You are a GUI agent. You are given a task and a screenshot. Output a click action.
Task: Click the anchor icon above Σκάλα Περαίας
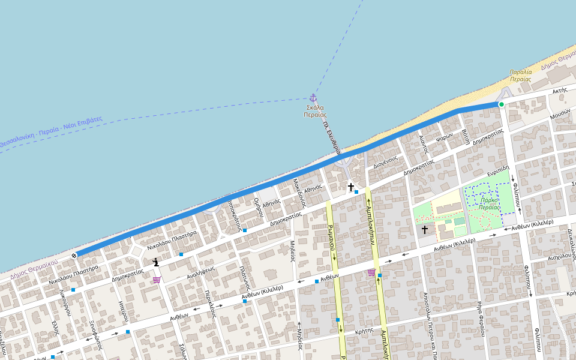tap(313, 98)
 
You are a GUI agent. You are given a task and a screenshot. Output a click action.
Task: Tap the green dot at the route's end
tap(501, 104)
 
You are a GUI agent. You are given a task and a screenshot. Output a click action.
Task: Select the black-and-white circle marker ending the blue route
tap(74, 256)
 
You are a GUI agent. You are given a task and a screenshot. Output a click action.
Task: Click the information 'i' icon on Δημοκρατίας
tap(156, 262)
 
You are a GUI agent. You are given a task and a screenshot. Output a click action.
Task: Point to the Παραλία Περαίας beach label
tap(520, 75)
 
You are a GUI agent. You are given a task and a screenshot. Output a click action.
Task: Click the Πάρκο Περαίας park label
tap(490, 203)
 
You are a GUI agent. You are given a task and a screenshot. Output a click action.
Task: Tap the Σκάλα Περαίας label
tap(315, 111)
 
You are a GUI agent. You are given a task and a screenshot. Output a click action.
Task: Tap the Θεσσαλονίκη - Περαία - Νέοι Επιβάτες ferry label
tap(52, 131)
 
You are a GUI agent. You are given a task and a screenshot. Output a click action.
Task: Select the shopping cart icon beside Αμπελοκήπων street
tap(371, 273)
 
